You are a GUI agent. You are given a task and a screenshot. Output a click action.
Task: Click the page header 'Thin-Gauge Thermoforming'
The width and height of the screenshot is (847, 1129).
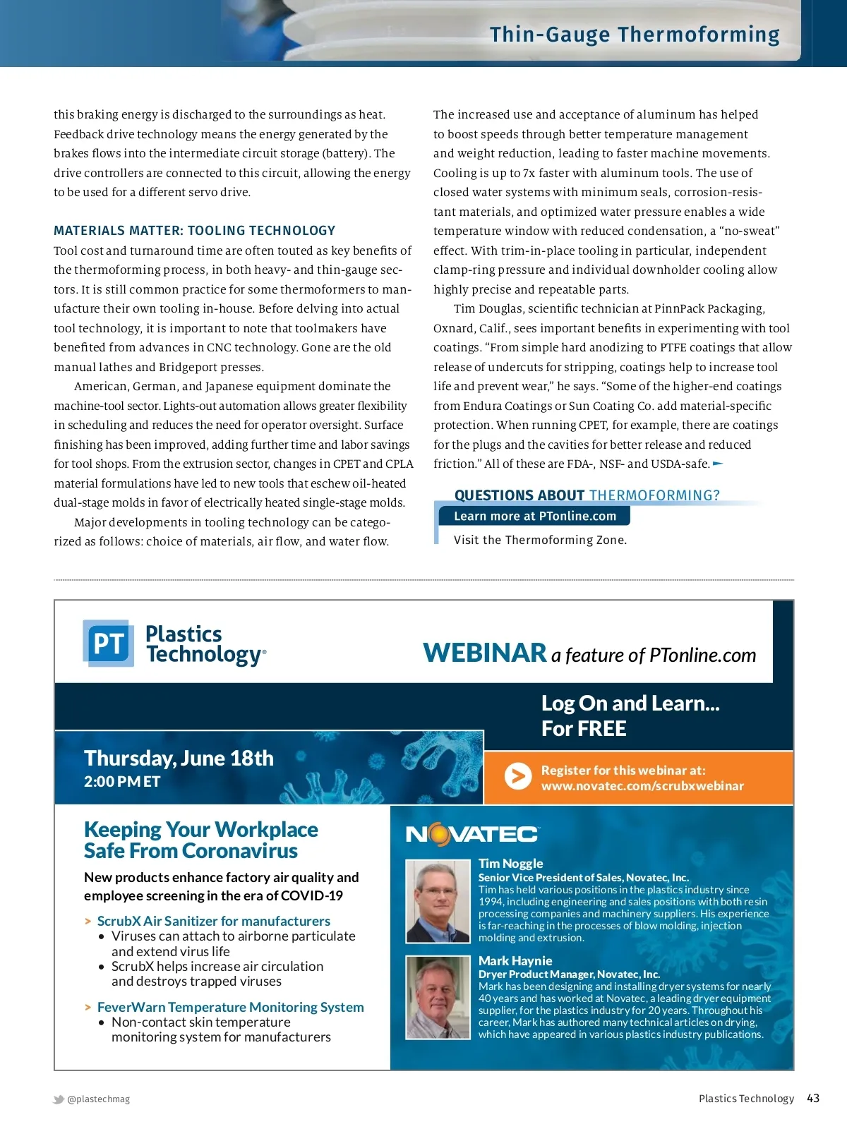click(x=635, y=35)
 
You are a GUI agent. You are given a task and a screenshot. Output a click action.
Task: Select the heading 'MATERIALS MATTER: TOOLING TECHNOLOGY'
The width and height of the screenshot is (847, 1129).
click(x=194, y=231)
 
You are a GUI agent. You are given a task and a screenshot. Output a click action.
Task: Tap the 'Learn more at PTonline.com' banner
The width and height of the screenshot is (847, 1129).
click(x=534, y=516)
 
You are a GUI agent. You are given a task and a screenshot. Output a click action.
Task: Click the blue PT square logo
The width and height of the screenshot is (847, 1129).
click(x=108, y=644)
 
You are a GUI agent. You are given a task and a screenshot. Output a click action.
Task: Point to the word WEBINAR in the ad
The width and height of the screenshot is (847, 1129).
click(x=485, y=653)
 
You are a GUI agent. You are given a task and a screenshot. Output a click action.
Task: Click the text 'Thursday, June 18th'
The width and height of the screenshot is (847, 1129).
click(x=179, y=759)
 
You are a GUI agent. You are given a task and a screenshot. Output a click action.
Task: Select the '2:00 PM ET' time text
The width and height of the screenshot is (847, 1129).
click(x=122, y=782)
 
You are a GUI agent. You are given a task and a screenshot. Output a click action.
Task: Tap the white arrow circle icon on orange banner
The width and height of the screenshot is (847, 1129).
click(x=518, y=777)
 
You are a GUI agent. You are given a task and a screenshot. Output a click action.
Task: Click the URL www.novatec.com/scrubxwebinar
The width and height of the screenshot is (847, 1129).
click(x=642, y=786)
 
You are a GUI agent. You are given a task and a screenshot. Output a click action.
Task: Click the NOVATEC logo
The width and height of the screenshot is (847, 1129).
click(x=472, y=835)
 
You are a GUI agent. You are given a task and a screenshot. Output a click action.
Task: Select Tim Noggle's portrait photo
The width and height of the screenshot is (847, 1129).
click(x=438, y=901)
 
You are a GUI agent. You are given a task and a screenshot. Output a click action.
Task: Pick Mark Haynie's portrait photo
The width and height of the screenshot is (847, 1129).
click(x=438, y=997)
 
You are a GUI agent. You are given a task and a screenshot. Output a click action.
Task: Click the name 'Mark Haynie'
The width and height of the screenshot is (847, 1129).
click(x=515, y=961)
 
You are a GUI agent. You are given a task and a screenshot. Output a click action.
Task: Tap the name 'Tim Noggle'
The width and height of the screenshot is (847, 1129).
click(x=510, y=864)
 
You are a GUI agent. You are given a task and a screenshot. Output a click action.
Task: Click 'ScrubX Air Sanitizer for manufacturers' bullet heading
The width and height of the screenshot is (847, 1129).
click(x=213, y=921)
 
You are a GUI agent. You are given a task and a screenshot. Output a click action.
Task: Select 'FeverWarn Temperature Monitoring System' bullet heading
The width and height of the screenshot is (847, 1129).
click(x=230, y=1007)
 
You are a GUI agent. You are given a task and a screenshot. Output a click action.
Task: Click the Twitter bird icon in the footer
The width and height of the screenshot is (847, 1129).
click(x=59, y=1099)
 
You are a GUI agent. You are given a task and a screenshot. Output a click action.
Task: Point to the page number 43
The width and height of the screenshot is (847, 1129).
click(x=813, y=1099)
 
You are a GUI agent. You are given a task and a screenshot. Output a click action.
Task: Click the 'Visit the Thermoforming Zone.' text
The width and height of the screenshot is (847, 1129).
click(x=540, y=540)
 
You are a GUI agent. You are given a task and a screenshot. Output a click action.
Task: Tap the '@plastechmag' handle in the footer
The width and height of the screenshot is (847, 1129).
click(x=98, y=1099)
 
